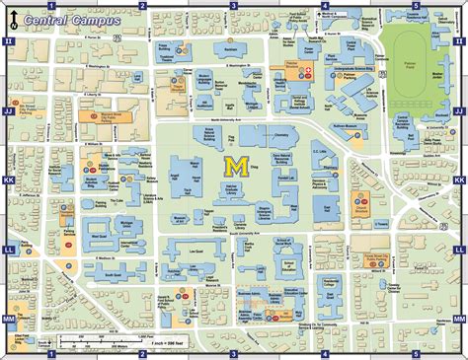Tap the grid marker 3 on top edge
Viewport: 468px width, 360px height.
coord(234,6)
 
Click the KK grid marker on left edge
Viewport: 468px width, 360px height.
coord(9,181)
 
